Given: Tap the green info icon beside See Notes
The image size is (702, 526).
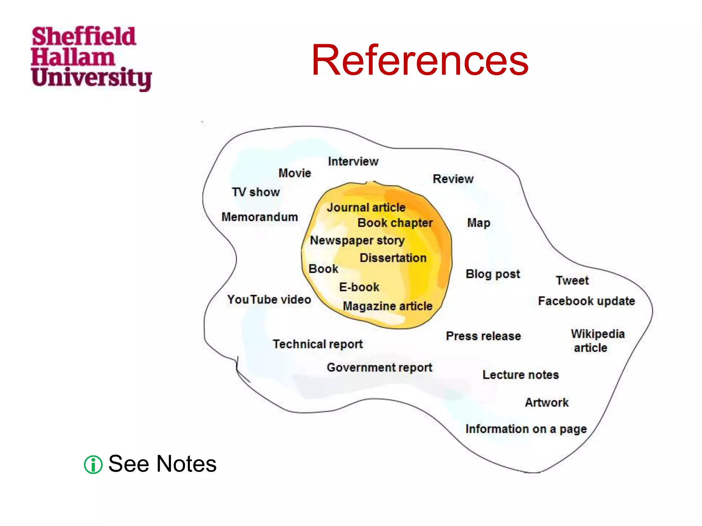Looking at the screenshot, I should (x=93, y=465).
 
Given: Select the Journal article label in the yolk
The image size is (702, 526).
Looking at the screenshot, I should (x=366, y=208).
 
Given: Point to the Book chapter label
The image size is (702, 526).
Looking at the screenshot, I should (x=395, y=223).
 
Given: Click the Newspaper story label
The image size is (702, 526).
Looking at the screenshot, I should (x=357, y=240).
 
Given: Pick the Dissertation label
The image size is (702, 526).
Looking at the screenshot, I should (x=393, y=258).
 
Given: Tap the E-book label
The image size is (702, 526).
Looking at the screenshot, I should (x=359, y=287).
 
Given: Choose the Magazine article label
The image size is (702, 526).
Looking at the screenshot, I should (x=387, y=306).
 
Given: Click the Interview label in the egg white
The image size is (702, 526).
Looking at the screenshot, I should (x=353, y=161).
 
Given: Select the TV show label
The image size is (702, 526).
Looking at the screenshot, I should (x=256, y=192).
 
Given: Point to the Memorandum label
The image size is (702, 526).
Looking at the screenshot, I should (x=259, y=217).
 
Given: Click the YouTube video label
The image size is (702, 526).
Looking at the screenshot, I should (x=269, y=300).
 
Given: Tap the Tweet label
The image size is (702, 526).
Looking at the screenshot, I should (x=572, y=280).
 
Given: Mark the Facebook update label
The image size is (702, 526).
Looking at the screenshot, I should (x=586, y=301).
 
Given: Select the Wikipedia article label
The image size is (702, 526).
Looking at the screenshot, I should (x=597, y=340).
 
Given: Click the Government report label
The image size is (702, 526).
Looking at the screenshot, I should (x=379, y=367).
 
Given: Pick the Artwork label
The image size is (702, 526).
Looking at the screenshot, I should (x=547, y=402).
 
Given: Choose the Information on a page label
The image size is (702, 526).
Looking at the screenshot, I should (x=526, y=429).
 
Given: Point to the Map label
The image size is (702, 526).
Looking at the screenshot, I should (x=479, y=223).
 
